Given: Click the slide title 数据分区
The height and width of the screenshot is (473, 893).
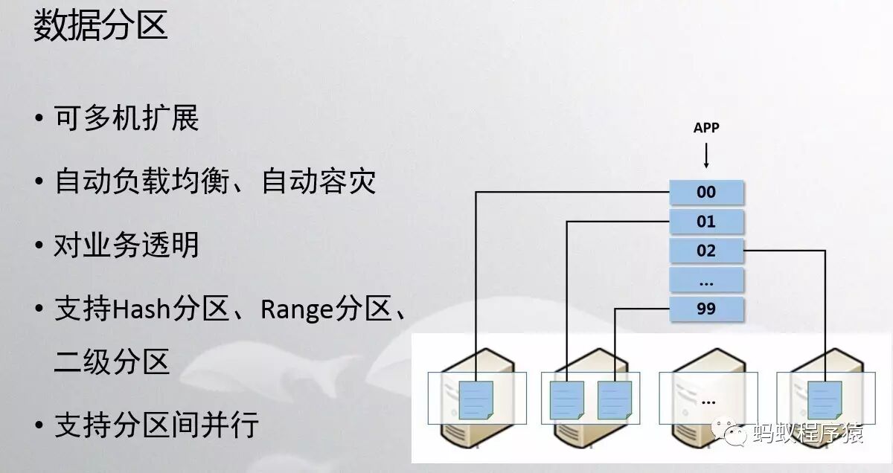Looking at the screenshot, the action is tap(100, 27).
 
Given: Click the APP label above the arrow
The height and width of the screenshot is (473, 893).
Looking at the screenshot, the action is tap(706, 128).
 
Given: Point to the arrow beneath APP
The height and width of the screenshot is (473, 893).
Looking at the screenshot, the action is tap(706, 156).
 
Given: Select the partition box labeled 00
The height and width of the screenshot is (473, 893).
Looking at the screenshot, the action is tap(706, 192).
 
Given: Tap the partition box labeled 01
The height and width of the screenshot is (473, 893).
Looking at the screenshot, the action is tap(706, 222).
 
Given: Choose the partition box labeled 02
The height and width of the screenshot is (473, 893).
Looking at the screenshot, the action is tap(706, 251).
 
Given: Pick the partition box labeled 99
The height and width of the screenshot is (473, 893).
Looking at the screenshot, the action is tap(706, 309).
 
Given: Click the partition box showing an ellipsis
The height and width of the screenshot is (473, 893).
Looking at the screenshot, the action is tap(706, 280).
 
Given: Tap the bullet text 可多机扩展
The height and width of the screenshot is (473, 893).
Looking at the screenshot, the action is tap(127, 118).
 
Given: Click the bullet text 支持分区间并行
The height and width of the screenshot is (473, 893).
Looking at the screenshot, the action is tap(156, 425).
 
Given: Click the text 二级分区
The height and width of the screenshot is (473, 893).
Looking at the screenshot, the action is tap(112, 362).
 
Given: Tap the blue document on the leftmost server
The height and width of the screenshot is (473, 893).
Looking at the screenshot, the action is tap(474, 399).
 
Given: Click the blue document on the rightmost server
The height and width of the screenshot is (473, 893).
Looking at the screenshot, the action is tap(825, 399).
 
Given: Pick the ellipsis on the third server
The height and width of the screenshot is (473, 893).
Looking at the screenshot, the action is tap(708, 401).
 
